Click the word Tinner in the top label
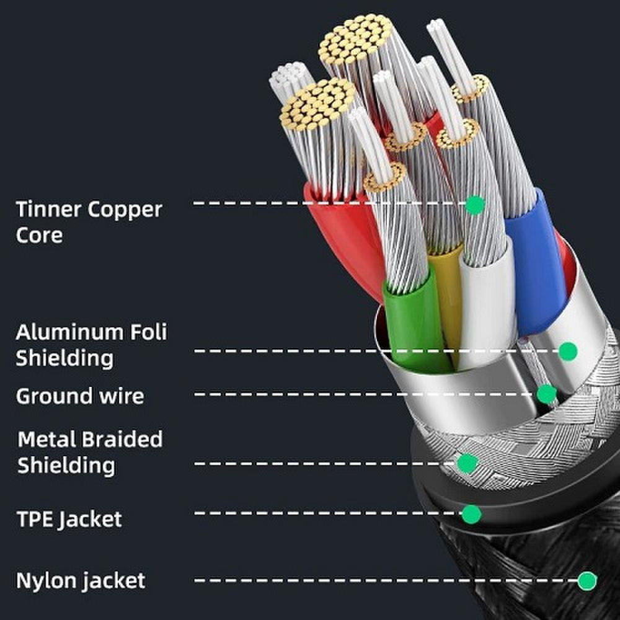click(x=48, y=209)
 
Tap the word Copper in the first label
click(x=125, y=210)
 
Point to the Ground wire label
click(x=80, y=396)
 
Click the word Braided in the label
click(x=123, y=439)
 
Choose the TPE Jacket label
click(x=69, y=519)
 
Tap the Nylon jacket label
click(x=81, y=581)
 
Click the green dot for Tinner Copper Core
click(x=475, y=205)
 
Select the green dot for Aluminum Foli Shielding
click(x=568, y=351)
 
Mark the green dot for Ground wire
click(x=547, y=394)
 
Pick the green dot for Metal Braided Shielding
click(x=467, y=463)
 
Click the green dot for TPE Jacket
click(x=472, y=514)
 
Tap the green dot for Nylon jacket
click(x=587, y=581)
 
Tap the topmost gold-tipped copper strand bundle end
click(x=355, y=40)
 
